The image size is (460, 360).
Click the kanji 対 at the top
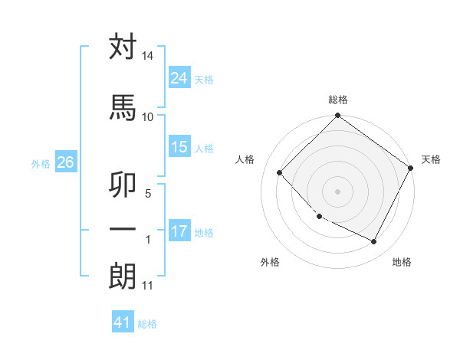[x=123, y=47]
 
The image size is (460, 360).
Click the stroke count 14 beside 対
[x=147, y=56]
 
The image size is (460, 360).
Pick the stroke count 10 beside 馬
[x=147, y=116]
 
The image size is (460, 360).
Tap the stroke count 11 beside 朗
[x=147, y=286]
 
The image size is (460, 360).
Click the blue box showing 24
[x=179, y=78]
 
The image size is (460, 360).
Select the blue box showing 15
[x=179, y=147]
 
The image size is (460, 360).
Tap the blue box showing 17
[x=179, y=231]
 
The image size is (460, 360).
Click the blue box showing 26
[x=65, y=162]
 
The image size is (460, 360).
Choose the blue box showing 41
[x=123, y=322]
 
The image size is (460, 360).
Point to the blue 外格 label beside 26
[x=41, y=163]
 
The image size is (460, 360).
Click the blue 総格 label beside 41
[x=147, y=324]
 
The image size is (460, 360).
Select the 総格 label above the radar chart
[x=338, y=100]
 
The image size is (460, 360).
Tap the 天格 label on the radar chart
[x=431, y=159]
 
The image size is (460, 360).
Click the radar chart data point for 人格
[x=280, y=172]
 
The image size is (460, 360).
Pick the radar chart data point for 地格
[x=374, y=242]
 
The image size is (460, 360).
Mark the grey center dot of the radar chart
[x=338, y=191]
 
